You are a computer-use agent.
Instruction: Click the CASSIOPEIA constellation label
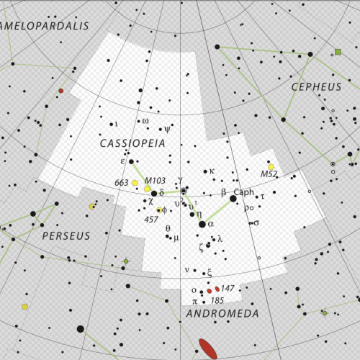point(132,144)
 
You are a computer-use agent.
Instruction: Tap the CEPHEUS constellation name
point(317,86)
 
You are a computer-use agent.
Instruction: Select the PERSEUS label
point(66,235)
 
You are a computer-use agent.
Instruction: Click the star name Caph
point(245,192)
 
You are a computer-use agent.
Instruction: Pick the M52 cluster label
point(269,175)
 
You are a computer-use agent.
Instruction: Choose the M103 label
point(154,180)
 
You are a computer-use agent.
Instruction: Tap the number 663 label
point(122,183)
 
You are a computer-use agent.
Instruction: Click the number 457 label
point(151,219)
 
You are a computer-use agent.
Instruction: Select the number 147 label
point(228,288)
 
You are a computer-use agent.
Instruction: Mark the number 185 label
point(217,300)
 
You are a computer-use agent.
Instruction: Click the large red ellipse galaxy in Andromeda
point(207,348)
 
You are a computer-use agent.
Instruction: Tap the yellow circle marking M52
point(271,167)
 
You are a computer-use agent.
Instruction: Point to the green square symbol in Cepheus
point(338,52)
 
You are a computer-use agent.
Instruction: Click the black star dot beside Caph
point(233,198)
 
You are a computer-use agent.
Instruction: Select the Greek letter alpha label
point(211,225)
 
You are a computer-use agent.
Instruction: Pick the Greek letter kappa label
point(212,171)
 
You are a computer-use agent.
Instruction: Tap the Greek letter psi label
point(168,130)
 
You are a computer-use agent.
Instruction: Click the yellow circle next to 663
point(135,184)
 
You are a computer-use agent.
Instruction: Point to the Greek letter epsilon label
point(122,161)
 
